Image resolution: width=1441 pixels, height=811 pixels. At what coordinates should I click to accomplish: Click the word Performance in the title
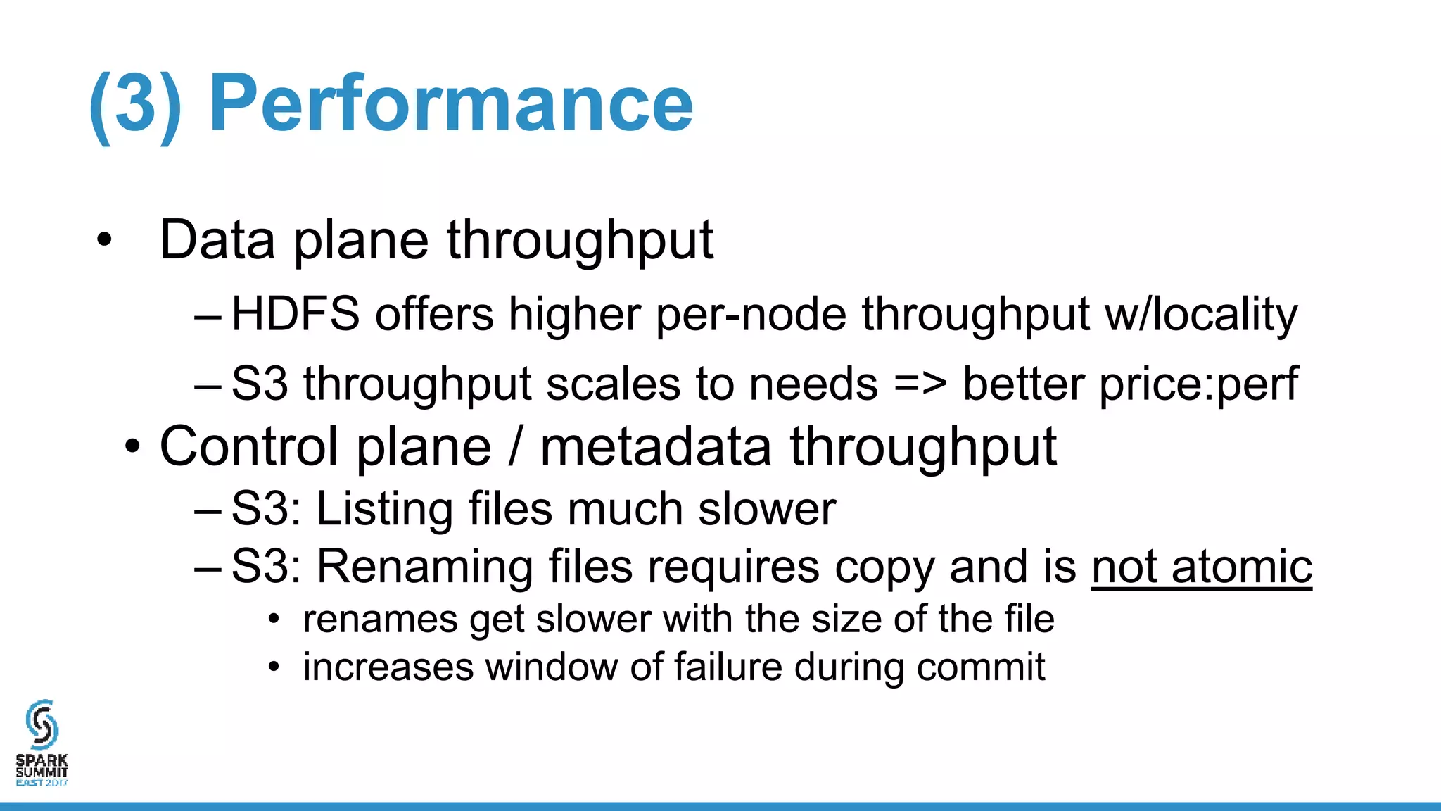pos(451,104)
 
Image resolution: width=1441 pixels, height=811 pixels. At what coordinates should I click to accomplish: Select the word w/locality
pos(1201,313)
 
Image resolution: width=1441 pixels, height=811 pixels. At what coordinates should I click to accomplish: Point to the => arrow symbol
pos(920,384)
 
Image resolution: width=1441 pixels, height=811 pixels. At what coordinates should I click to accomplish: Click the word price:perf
pos(1129,384)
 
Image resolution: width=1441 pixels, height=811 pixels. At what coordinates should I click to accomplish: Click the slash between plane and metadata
pos(516,446)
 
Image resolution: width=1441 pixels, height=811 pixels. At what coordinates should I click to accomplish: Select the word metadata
pos(656,446)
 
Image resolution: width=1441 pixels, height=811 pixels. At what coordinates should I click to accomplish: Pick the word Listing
pos(384,508)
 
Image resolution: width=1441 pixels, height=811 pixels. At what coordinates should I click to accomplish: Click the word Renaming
pos(424,566)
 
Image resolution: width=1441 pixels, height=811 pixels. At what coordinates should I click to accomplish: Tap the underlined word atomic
pos(1242,566)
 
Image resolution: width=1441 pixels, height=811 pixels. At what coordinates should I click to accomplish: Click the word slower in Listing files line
pos(767,508)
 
